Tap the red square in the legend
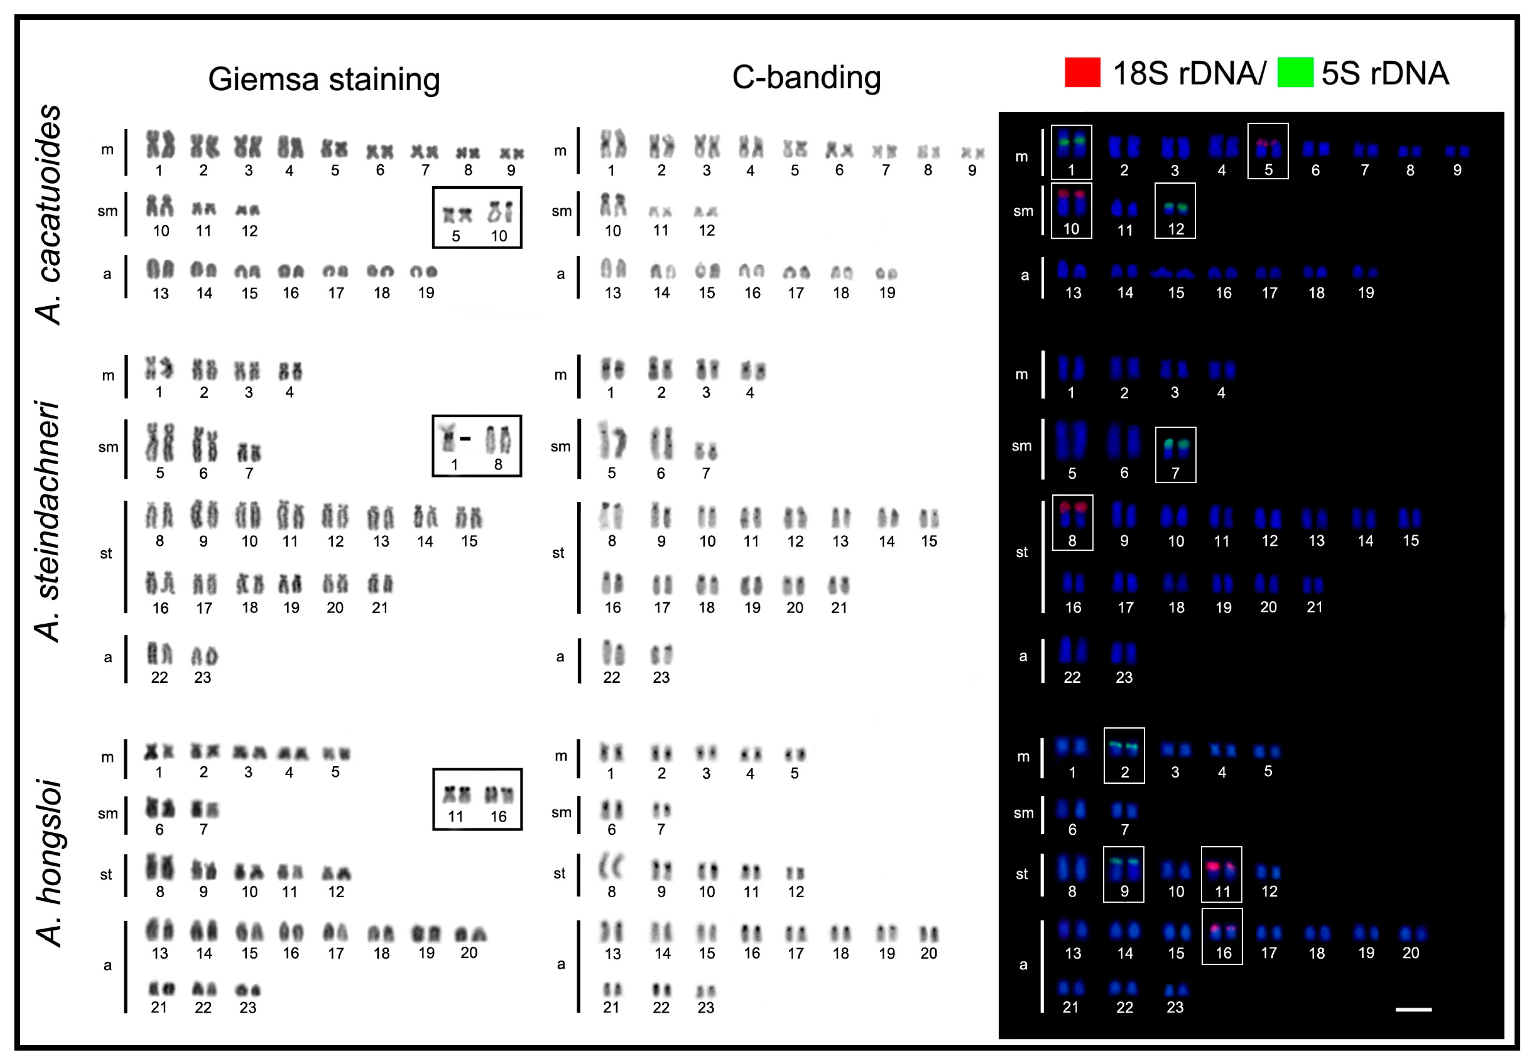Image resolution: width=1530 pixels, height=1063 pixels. tap(1082, 72)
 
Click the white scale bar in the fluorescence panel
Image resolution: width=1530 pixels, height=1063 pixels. tap(1413, 1010)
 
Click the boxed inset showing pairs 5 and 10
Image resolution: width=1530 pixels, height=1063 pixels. tap(477, 218)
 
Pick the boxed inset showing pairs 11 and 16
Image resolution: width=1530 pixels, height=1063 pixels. tap(477, 799)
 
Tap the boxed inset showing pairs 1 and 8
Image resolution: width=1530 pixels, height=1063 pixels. tap(477, 446)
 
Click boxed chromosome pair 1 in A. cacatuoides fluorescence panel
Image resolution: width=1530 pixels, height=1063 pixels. tap(1071, 152)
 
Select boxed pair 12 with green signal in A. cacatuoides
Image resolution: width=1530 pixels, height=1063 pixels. tap(1175, 211)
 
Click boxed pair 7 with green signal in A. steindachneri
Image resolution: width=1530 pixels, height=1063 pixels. tap(1175, 455)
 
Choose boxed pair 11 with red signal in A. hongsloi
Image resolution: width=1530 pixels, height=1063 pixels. tap(1222, 874)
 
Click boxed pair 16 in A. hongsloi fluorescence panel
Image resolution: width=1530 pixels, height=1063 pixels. tap(1222, 936)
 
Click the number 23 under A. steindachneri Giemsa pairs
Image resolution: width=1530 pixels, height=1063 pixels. tap(202, 677)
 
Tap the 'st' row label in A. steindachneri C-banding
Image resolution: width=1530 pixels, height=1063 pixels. tap(558, 553)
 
